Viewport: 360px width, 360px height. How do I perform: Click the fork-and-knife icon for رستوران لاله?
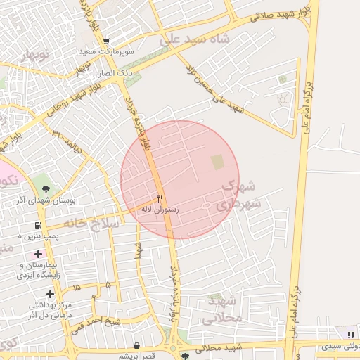click(x=160, y=198)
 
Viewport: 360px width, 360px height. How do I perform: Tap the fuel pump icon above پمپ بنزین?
click(x=38, y=226)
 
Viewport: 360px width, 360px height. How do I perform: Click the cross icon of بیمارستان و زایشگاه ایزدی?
click(x=38, y=253)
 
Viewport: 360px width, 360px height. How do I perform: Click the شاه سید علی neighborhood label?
click(x=194, y=39)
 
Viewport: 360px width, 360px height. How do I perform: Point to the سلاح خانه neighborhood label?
click(x=92, y=222)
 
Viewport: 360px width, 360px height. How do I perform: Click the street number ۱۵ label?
click(x=76, y=288)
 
